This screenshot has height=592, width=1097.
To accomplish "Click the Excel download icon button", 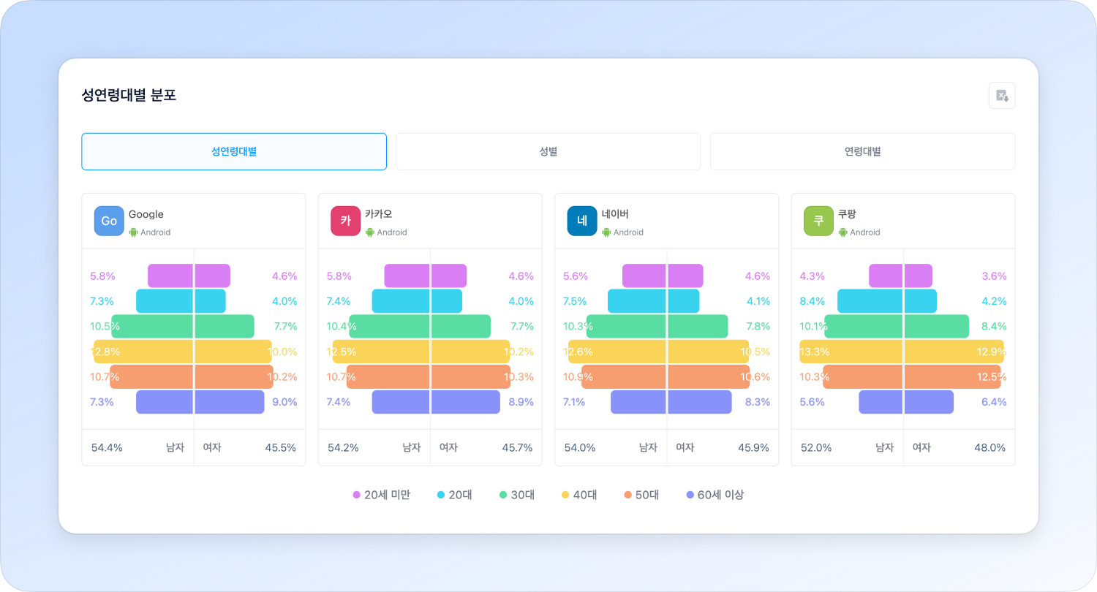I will tap(1002, 96).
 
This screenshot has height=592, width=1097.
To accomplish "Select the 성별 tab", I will tap(548, 152).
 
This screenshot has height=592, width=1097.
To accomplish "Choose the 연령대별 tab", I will tap(862, 152).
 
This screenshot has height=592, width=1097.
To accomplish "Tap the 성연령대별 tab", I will tap(234, 152).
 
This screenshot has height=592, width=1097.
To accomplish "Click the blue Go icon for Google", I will tap(109, 221).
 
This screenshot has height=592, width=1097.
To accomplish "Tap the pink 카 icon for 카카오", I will tap(345, 221).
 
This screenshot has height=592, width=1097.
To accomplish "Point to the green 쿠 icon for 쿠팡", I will tap(818, 221).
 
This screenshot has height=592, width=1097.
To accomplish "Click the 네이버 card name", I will tap(615, 214).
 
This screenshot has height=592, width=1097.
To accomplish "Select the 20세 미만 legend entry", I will tap(381, 495).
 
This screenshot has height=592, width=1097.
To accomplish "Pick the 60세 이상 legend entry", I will tap(715, 495).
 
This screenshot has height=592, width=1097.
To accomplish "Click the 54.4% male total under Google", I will tap(107, 447).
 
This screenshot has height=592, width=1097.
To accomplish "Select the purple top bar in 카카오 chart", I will tap(425, 276).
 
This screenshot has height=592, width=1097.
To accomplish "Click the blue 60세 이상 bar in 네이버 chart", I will tap(671, 402).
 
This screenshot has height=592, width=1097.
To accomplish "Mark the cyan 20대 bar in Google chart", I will tap(181, 301).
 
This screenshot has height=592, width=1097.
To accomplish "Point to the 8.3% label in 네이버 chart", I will tap(757, 402).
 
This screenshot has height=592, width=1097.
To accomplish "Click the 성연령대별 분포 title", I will tap(129, 95).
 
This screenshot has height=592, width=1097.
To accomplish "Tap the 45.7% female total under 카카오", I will tap(518, 447).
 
